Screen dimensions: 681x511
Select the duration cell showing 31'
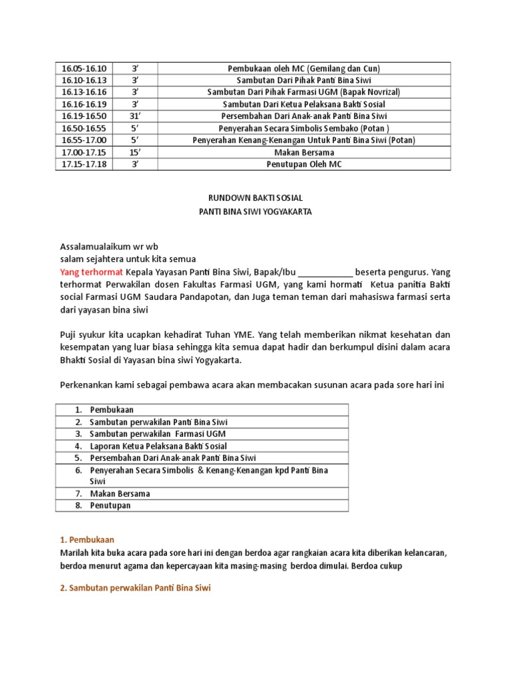(x=134, y=116)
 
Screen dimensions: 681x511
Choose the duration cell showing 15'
(x=134, y=152)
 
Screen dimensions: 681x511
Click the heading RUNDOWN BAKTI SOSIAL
(x=255, y=198)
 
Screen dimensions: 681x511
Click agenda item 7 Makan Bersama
(x=120, y=493)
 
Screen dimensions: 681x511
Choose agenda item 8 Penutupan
(x=110, y=505)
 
